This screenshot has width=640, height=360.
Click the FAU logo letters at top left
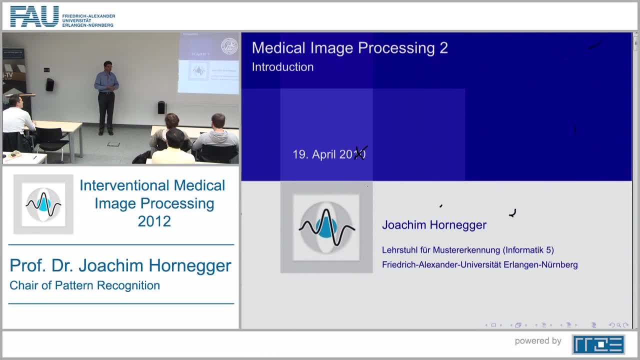tap(34, 16)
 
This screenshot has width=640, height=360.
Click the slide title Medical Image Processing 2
tap(349, 48)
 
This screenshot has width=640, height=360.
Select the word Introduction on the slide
tap(282, 67)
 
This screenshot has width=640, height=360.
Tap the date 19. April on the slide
tap(315, 154)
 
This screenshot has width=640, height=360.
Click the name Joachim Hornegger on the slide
tap(434, 225)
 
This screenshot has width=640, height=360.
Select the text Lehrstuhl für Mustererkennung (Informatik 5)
tap(467, 250)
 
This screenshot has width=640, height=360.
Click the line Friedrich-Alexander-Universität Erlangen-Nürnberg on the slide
tap(479, 265)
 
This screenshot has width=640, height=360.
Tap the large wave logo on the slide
tap(326, 227)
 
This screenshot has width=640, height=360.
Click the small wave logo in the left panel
tap(43, 204)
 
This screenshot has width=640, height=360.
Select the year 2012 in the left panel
tap(154, 221)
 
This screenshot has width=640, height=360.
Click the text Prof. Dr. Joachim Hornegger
tap(120, 265)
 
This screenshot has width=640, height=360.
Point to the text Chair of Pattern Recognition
tap(84, 285)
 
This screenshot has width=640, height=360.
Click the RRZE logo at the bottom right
tap(598, 344)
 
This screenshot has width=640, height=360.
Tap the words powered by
tap(538, 341)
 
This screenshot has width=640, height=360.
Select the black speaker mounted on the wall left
tap(49, 84)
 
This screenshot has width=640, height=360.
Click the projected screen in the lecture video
tap(208, 63)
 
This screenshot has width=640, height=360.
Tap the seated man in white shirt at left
tap(16, 120)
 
